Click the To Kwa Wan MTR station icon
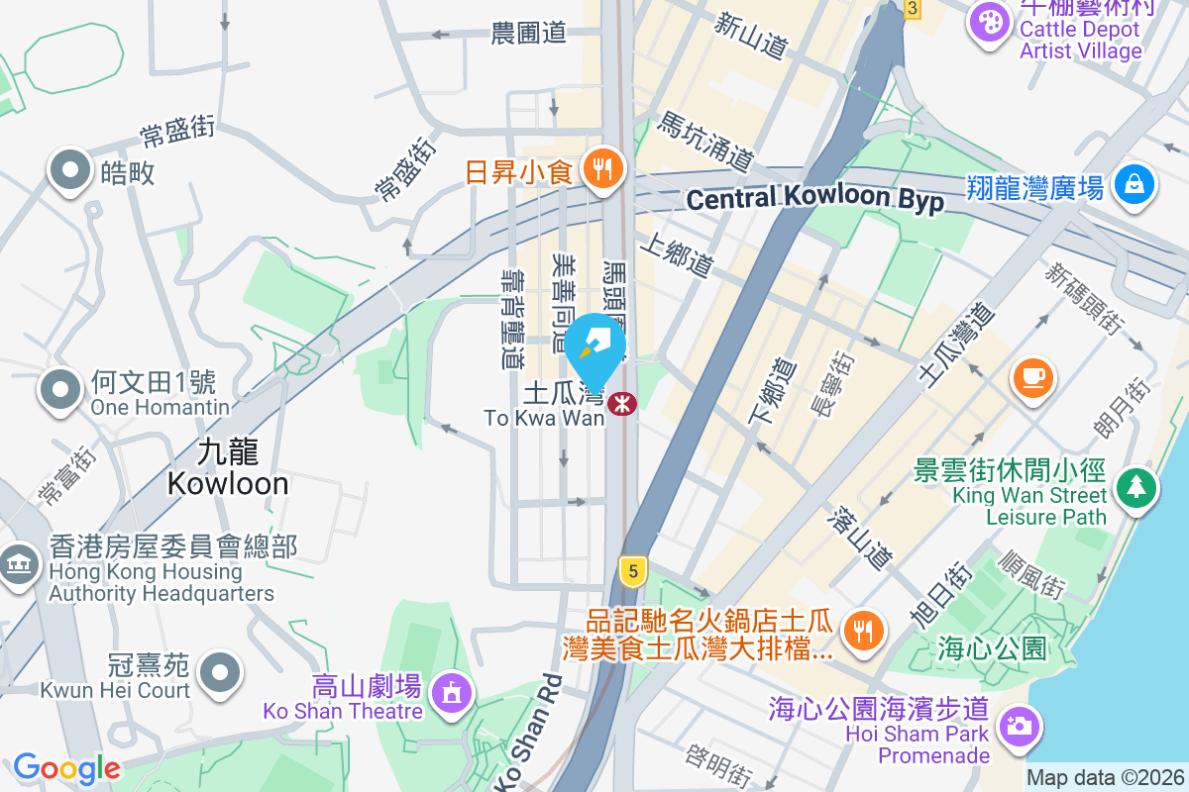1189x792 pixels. pos(622,403)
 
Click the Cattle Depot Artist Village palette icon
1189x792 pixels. pos(988,21)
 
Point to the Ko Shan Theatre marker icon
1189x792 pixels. pos(452,691)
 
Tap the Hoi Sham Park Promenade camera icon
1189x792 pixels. pos(1017,726)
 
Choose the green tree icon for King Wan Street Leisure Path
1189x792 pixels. pos(1136,487)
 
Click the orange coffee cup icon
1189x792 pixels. pos(1031,376)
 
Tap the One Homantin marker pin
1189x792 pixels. pos(61,388)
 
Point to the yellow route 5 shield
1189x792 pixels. pos(632,569)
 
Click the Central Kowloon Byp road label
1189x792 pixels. pos(814,198)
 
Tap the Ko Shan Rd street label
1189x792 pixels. pos(527,733)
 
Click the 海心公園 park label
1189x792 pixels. pos(992,649)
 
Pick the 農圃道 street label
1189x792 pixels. pos(528,33)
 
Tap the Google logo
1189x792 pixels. pos(66,767)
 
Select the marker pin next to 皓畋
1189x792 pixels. pos(70,170)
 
